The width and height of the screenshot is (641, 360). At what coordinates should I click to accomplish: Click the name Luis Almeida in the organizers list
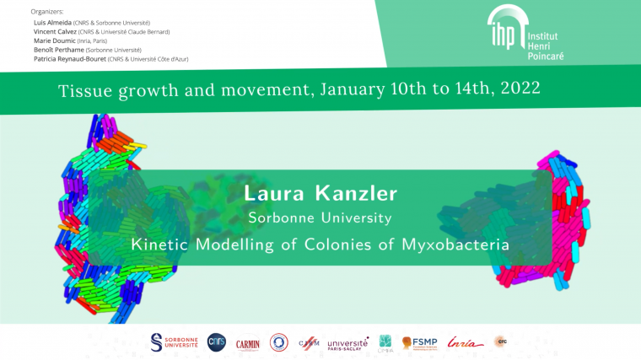click(53, 22)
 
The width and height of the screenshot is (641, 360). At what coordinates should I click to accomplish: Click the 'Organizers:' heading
click(47, 12)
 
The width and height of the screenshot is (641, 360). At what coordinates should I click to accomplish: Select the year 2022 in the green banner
click(514, 88)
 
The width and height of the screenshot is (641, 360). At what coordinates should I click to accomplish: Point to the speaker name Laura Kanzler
click(320, 193)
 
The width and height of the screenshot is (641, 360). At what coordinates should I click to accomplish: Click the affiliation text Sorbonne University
click(320, 218)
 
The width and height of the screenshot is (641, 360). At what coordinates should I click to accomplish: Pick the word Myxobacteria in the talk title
click(454, 244)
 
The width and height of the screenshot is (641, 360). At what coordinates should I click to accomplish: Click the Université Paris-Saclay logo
click(347, 343)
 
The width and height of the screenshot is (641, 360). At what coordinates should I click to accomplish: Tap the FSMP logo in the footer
click(418, 342)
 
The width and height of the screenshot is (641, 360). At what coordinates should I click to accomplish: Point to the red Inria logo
click(466, 342)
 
